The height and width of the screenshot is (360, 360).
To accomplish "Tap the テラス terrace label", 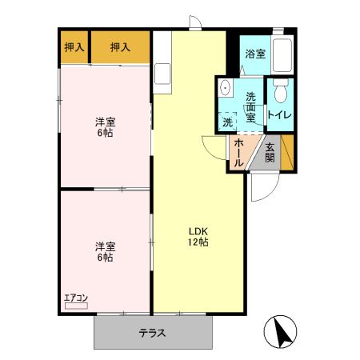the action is [x=153, y=333].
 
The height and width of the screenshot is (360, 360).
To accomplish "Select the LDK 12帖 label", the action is [x=198, y=237].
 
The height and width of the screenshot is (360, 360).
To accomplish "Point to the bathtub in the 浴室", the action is [x=282, y=55].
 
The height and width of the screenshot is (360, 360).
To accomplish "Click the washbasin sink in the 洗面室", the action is [x=226, y=87].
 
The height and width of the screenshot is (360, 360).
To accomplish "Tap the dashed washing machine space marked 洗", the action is [x=227, y=122].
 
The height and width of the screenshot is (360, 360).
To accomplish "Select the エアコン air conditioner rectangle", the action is [x=76, y=306].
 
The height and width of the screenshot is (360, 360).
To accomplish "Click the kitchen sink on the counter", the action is [x=162, y=74].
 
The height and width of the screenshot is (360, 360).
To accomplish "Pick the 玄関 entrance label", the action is [x=270, y=153].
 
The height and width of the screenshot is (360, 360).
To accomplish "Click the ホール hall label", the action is [x=238, y=154].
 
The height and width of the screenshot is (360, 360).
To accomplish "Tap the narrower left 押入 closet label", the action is [x=74, y=47].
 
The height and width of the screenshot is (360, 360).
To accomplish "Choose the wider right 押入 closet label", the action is [x=120, y=47].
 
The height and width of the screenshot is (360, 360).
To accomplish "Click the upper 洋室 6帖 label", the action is [x=105, y=127].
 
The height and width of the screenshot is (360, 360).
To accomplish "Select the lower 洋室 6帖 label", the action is [x=105, y=252].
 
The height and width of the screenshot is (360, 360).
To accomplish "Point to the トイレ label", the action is [x=280, y=114].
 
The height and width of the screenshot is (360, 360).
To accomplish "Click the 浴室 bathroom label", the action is [x=255, y=54].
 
